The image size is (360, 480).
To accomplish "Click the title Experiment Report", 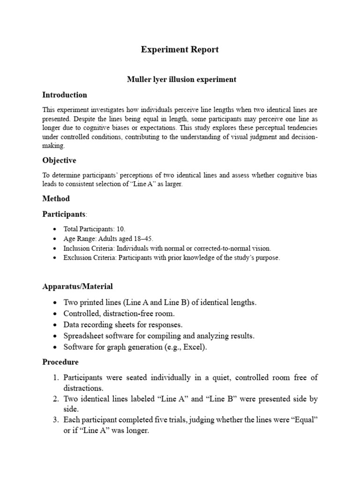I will [180, 50].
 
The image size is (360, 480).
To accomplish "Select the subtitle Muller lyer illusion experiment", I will [181, 80].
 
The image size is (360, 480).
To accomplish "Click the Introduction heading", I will [65, 95].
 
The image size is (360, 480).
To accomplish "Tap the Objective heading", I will [59, 160].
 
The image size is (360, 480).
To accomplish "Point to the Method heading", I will [56, 198].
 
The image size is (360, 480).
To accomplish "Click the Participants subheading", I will [63, 214].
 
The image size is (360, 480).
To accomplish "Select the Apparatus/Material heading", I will [77, 286].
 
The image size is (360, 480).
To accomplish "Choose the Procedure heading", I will [60, 362].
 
